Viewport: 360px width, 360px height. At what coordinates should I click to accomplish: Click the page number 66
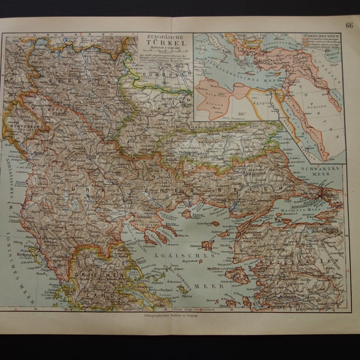coord(349,25)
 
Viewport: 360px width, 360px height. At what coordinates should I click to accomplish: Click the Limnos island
coord(207,245)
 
